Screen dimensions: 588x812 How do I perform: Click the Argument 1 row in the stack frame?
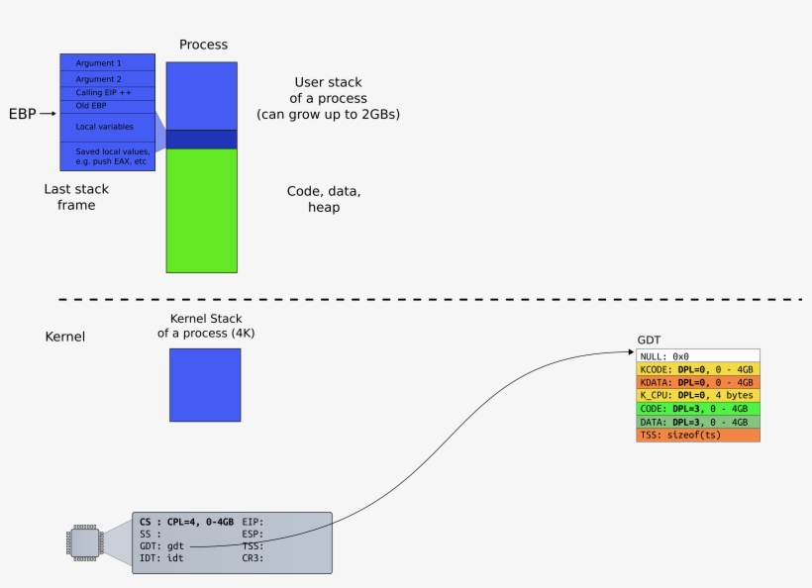coord(107,63)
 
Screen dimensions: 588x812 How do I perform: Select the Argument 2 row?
coord(107,79)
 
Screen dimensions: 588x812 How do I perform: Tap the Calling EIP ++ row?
coord(107,93)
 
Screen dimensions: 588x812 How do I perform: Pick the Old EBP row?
coord(107,105)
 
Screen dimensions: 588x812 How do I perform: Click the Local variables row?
coord(107,127)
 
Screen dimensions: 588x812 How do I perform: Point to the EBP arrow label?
coord(23,115)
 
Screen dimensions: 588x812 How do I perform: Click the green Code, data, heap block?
coord(201,210)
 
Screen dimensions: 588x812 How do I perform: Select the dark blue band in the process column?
coord(201,140)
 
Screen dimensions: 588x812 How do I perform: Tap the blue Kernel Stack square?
coord(205,385)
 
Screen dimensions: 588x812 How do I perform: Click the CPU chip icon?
coord(84,542)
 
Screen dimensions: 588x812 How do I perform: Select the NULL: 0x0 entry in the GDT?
coord(698,355)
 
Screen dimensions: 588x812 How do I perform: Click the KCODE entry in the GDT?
coord(698,369)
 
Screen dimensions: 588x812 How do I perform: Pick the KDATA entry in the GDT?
coord(698,382)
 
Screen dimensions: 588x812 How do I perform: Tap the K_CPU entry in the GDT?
coord(698,395)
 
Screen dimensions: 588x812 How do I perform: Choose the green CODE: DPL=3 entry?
coord(698,408)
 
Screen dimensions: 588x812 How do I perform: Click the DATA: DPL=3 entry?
coord(698,422)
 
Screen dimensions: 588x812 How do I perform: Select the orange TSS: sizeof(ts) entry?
coord(698,435)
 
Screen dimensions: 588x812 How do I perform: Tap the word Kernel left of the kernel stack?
coord(65,337)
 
